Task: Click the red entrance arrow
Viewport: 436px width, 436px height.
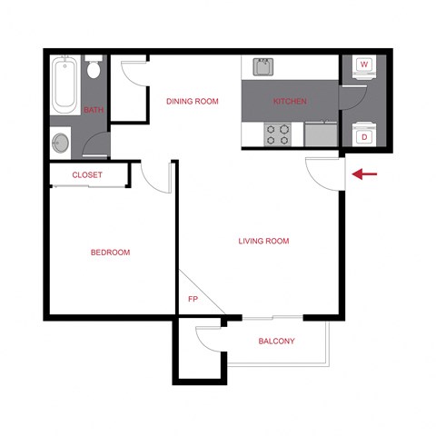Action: (364, 173)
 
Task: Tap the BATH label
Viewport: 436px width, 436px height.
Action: (94, 110)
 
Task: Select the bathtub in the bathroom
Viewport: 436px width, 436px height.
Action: (65, 86)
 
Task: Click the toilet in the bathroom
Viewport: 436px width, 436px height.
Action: (94, 71)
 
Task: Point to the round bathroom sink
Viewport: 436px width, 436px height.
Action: (61, 142)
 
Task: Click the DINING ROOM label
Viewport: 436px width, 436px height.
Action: (193, 102)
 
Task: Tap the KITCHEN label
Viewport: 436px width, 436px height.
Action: (290, 102)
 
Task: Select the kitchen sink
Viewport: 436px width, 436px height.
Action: (263, 66)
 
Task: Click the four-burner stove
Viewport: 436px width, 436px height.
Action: (277, 134)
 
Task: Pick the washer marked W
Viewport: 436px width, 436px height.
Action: (364, 66)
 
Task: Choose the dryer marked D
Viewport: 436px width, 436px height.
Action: (364, 136)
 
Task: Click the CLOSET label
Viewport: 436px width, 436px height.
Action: (87, 174)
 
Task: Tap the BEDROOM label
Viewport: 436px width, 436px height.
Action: (111, 253)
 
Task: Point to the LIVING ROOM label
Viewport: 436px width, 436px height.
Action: (263, 241)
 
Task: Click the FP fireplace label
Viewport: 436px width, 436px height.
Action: (193, 298)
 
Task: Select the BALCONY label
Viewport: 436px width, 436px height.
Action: (276, 342)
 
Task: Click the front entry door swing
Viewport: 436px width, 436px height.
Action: (322, 171)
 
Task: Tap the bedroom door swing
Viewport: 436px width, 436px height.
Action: (154, 176)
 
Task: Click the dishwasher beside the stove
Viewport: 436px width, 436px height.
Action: (319, 135)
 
